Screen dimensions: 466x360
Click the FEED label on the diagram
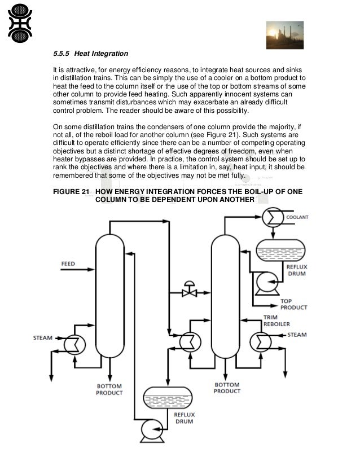pyautogui.click(x=68, y=263)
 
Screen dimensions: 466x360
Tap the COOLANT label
pyautogui.click(x=297, y=217)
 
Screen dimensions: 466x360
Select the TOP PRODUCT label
pyautogui.click(x=294, y=304)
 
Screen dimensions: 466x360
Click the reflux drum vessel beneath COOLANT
pyautogui.click(x=280, y=248)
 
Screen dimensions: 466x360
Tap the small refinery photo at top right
pyautogui.click(x=285, y=35)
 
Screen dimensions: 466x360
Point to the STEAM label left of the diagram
pyautogui.click(x=42, y=338)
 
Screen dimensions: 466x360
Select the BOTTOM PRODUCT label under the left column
pyautogui.click(x=109, y=389)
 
